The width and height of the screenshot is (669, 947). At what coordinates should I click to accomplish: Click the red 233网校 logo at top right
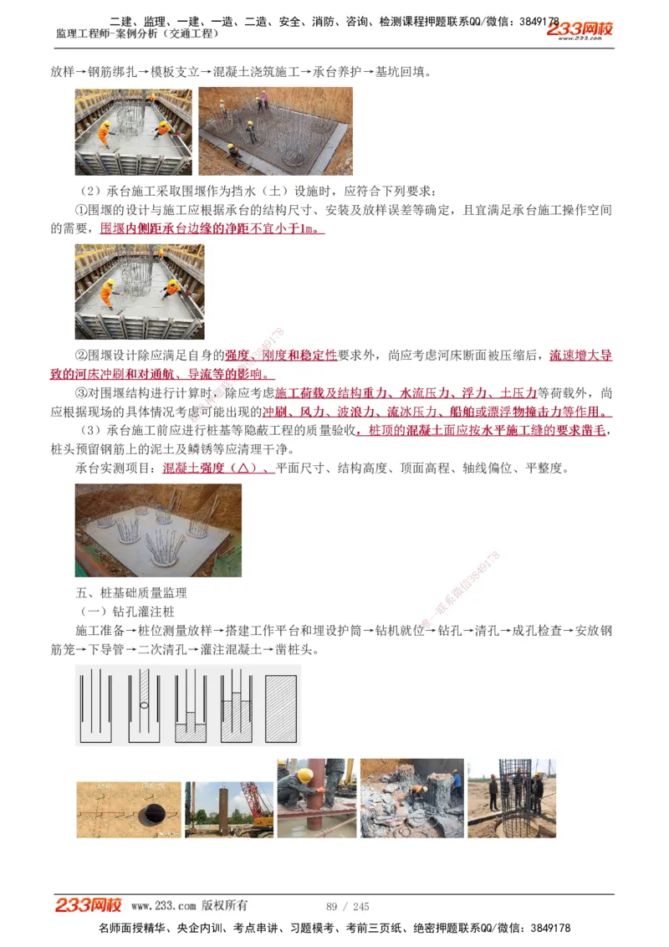[x=580, y=29]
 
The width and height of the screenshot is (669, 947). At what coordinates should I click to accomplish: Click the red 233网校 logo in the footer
[x=89, y=905]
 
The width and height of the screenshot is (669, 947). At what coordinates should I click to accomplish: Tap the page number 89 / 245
[x=347, y=907]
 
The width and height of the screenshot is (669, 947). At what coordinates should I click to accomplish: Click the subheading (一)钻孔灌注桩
[x=126, y=612]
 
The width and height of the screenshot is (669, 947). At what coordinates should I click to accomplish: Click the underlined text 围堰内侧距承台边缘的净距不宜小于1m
[x=212, y=228]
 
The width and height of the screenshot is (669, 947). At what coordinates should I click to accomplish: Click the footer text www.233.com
[x=164, y=906]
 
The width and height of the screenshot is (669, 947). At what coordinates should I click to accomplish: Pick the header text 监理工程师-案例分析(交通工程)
[x=137, y=33]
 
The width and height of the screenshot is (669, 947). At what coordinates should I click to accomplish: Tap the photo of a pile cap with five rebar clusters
[x=158, y=530]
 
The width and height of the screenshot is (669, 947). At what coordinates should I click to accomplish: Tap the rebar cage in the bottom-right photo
[x=516, y=786]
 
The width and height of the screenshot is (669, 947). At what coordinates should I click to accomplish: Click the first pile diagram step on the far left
[x=99, y=704]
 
